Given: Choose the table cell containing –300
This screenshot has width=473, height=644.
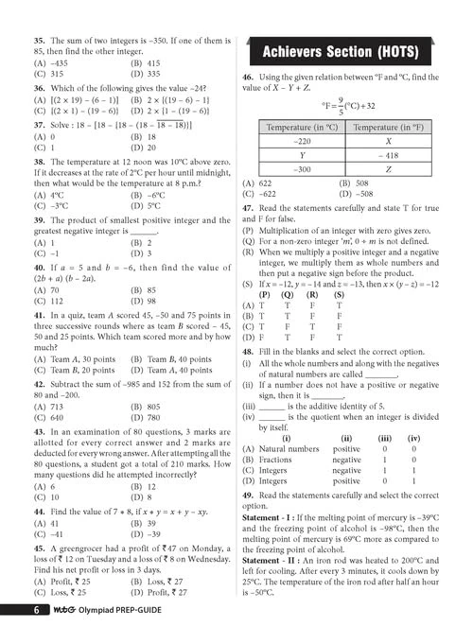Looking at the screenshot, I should [x=303, y=169].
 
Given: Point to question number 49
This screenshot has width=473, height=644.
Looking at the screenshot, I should [x=247, y=495].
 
